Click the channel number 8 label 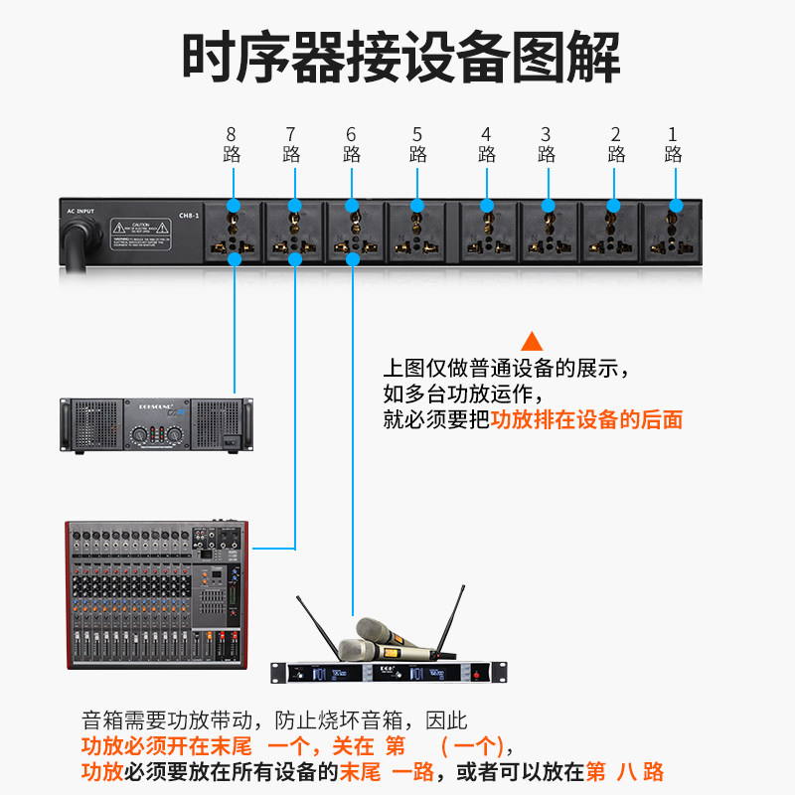pyautogui.click(x=232, y=134)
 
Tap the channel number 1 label pyautogui.click(x=673, y=134)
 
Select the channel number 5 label pyautogui.click(x=417, y=134)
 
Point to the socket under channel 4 pyautogui.click(x=487, y=231)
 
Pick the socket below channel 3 pyautogui.click(x=546, y=231)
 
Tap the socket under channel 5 pyautogui.click(x=417, y=231)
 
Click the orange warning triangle pyautogui.click(x=533, y=340)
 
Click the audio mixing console pyautogui.click(x=156, y=594)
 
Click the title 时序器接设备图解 pyautogui.click(x=400, y=57)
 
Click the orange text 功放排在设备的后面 pyautogui.click(x=587, y=419)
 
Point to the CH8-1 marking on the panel pyautogui.click(x=189, y=216)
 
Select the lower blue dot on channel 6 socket pyautogui.click(x=353, y=258)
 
